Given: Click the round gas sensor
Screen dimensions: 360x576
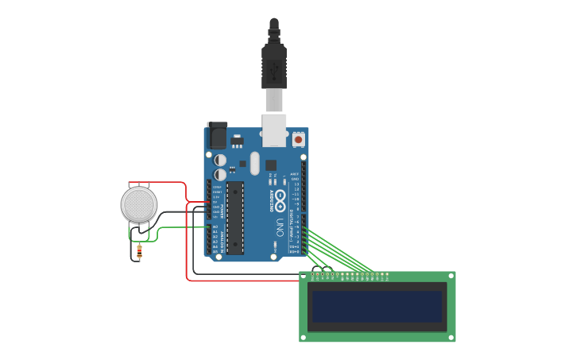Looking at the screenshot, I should [x=139, y=204].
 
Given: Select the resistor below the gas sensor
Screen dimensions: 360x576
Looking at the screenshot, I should [x=139, y=252].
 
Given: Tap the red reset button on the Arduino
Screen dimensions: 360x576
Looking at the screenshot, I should [x=299, y=139].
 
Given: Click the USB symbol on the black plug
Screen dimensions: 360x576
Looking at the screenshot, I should [x=273, y=72].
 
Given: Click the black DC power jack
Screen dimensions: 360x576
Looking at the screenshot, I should [x=216, y=135].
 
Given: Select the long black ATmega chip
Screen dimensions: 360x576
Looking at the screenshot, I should [x=235, y=218].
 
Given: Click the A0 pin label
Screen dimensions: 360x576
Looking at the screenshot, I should [x=215, y=226].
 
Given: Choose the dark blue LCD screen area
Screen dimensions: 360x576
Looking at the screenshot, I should [x=377, y=306].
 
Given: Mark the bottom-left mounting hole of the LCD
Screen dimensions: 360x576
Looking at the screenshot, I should [x=303, y=337].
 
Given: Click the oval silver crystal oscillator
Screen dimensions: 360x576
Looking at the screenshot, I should [x=255, y=163].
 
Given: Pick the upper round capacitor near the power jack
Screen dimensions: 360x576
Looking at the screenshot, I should [x=220, y=160].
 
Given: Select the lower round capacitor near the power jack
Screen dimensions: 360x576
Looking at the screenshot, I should [x=220, y=174].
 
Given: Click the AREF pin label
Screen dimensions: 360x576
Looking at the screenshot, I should [x=295, y=174].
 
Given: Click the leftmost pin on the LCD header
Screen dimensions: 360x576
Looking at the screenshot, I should [x=312, y=274].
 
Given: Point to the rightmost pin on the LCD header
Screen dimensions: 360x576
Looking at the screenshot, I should [x=387, y=274].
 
